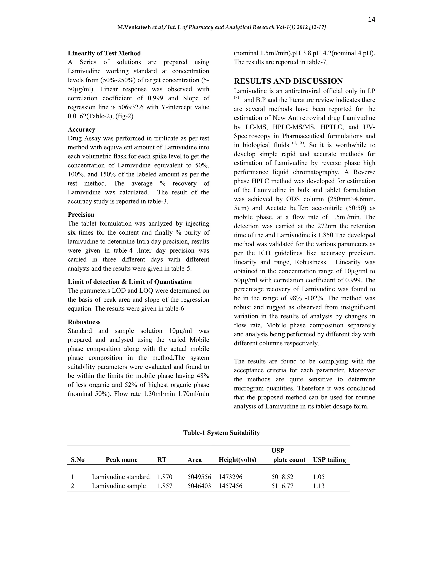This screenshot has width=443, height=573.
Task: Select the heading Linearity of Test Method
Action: tap(104, 53)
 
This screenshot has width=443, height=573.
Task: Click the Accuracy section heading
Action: tap(81, 129)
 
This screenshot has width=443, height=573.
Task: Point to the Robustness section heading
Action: tap(84, 322)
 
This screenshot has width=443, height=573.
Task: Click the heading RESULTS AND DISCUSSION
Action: tap(288, 81)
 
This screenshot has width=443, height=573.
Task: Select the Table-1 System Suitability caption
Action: tap(221, 433)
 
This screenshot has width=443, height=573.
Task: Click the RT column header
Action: tap(162, 459)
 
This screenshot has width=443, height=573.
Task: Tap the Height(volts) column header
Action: tap(237, 459)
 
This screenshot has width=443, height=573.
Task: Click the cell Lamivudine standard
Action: tap(121, 477)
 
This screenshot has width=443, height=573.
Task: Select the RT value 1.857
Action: tap(165, 486)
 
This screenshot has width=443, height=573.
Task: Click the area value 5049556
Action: tap(199, 477)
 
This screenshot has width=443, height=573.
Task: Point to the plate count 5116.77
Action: tap(282, 486)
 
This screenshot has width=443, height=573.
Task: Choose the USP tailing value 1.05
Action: tap(319, 477)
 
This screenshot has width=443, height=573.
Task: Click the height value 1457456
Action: tap(230, 486)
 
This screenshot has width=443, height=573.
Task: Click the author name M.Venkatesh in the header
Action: tap(134, 27)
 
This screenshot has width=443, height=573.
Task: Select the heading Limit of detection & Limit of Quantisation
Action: tap(130, 282)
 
